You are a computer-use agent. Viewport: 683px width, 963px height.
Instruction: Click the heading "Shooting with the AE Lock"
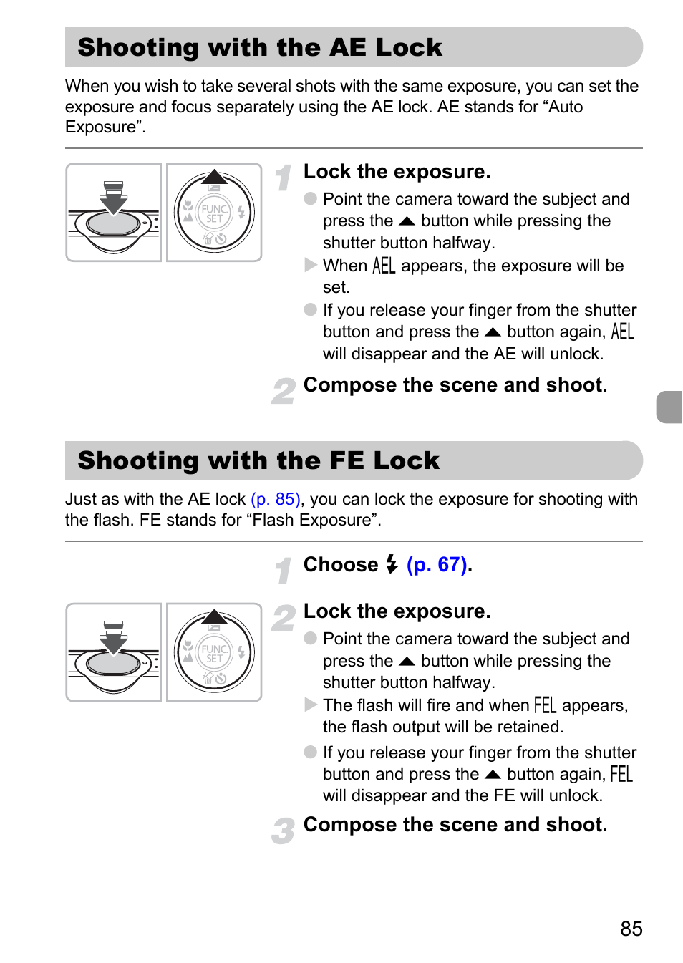point(260,47)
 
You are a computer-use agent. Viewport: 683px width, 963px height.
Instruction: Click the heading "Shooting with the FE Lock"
point(258,460)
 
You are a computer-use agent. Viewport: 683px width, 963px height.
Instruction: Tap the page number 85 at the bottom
point(631,928)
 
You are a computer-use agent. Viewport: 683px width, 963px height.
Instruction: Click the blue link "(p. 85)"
point(275,499)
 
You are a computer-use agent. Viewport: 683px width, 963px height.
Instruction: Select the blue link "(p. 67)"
point(437,564)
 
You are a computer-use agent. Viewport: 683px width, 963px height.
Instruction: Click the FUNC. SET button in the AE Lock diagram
point(214,213)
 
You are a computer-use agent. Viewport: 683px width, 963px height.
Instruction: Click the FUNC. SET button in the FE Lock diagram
point(214,653)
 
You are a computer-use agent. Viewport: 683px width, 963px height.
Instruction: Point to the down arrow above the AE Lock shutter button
point(113,198)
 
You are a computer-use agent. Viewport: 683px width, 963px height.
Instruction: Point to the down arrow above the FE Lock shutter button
point(113,638)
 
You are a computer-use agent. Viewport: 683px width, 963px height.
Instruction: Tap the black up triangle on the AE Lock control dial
point(214,177)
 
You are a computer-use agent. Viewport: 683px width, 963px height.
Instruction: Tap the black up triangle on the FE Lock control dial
point(214,617)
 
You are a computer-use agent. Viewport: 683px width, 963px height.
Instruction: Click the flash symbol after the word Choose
point(392,564)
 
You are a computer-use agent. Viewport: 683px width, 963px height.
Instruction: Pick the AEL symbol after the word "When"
point(384,266)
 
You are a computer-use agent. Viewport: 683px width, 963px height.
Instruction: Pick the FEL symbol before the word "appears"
point(545,705)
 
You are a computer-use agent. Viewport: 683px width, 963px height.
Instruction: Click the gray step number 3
point(283,831)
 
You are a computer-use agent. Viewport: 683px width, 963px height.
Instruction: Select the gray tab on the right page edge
point(669,407)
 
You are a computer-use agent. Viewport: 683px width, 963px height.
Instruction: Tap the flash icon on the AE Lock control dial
point(241,213)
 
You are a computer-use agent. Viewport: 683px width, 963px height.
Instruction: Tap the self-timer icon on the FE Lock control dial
point(221,679)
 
